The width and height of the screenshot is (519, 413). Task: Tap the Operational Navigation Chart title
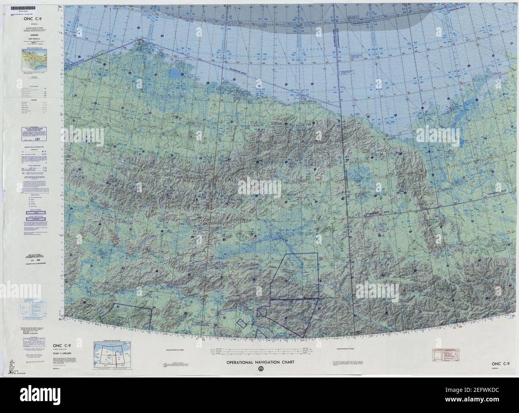tap(260, 362)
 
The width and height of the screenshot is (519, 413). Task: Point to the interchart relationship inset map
tap(109, 354)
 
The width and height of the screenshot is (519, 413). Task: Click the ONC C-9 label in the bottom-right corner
tap(501, 364)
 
